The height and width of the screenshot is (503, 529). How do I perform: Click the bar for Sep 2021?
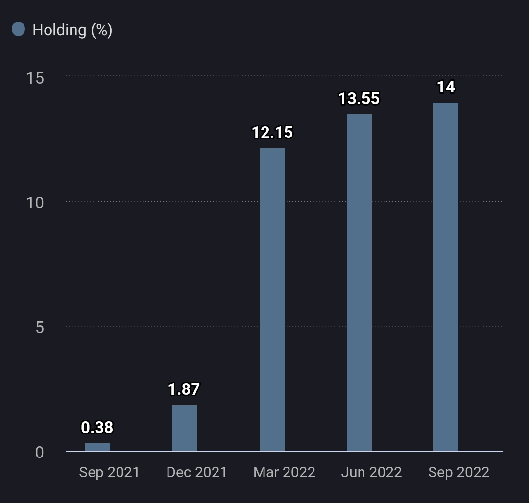pos(97,447)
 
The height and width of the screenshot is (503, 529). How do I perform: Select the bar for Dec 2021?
pos(184,428)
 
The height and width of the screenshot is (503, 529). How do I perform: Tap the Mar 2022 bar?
pos(272,299)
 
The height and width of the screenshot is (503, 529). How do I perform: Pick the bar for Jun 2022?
pos(359,282)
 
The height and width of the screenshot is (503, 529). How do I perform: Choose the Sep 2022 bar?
pos(446,276)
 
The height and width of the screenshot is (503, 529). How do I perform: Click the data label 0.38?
pos(97,427)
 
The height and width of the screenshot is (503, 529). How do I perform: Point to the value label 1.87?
pos(184,389)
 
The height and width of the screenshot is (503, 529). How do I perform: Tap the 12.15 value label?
pos(272,132)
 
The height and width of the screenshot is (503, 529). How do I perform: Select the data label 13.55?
pos(359,98)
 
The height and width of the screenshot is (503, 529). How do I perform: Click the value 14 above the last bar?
pos(446,87)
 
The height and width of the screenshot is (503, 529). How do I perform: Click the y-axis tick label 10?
pos(35,203)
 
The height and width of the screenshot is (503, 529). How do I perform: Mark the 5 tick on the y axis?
pos(40,327)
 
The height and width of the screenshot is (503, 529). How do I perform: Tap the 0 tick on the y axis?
pos(40,452)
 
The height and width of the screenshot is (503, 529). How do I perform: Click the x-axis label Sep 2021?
pos(109,472)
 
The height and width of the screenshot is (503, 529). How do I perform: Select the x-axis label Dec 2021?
pos(196,472)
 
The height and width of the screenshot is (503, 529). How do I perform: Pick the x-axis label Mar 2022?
pos(284,472)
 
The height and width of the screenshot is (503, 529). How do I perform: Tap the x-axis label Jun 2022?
pos(371,472)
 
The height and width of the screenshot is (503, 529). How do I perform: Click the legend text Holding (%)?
pos(72,30)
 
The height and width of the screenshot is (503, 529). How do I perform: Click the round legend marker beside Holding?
pos(18,29)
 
